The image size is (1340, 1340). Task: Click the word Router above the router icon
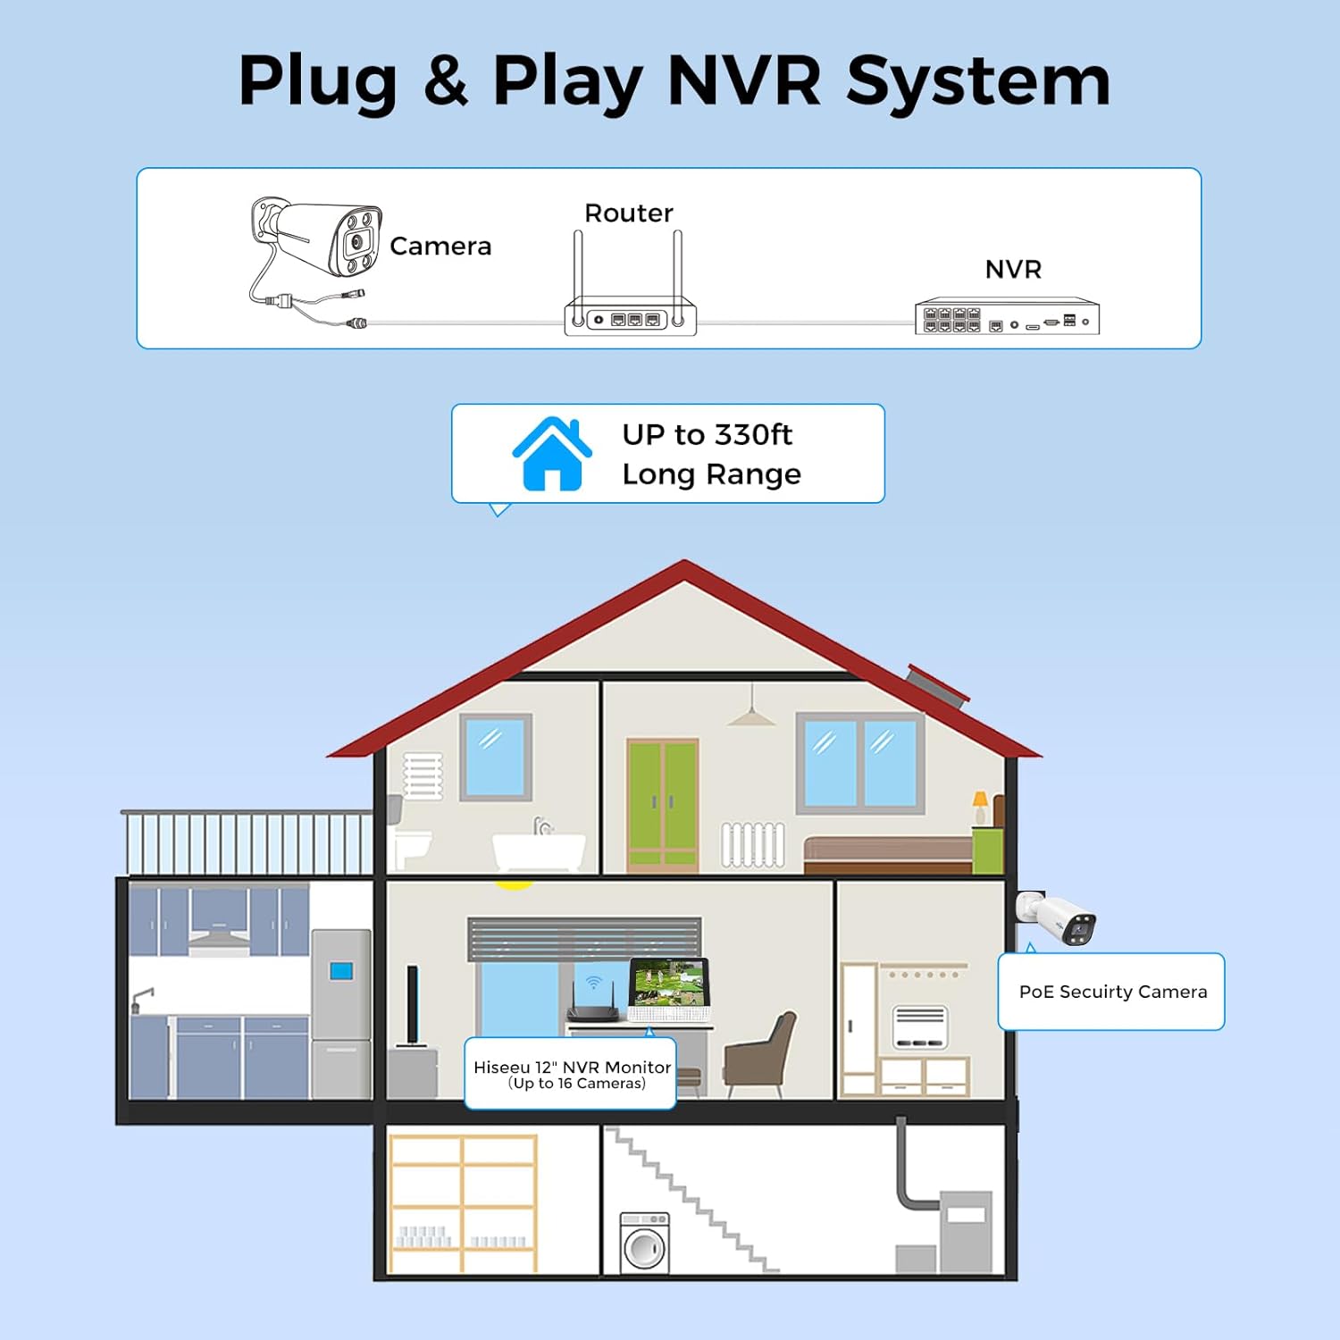[x=628, y=214]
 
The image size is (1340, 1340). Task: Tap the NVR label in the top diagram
[x=1013, y=270]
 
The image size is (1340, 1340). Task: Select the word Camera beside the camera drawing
[x=440, y=247]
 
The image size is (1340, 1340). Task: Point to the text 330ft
[x=753, y=435]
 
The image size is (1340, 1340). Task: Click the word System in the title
[x=977, y=82]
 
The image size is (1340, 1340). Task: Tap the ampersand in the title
[x=445, y=82]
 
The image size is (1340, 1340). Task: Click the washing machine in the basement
[x=644, y=1243]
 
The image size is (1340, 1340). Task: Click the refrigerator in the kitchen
[x=340, y=1013]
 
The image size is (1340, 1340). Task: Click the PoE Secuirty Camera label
[x=1112, y=992]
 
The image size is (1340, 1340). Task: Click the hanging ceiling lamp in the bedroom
[x=750, y=715]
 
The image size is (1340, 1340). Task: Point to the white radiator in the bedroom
[x=753, y=844]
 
